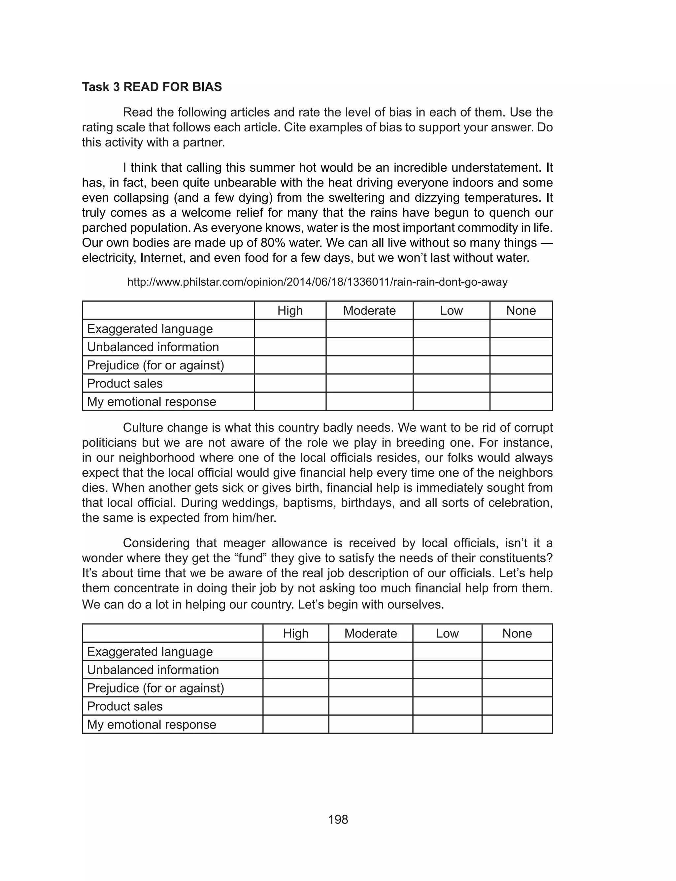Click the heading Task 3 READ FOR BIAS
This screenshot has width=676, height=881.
click(152, 87)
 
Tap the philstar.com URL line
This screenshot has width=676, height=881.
click(317, 282)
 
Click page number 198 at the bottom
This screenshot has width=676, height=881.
click(338, 820)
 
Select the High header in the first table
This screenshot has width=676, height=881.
click(290, 311)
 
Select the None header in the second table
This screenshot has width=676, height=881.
click(517, 633)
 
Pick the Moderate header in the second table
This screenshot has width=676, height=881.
click(370, 633)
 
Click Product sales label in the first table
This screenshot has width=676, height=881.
click(125, 383)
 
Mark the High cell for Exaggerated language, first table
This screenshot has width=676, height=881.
click(290, 329)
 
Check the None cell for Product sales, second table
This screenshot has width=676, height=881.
click(517, 706)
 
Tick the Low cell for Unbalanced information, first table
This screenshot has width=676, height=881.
click(451, 347)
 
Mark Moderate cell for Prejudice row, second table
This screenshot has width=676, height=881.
click(370, 688)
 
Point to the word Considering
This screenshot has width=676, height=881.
click(156, 543)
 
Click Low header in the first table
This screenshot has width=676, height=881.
click(451, 311)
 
